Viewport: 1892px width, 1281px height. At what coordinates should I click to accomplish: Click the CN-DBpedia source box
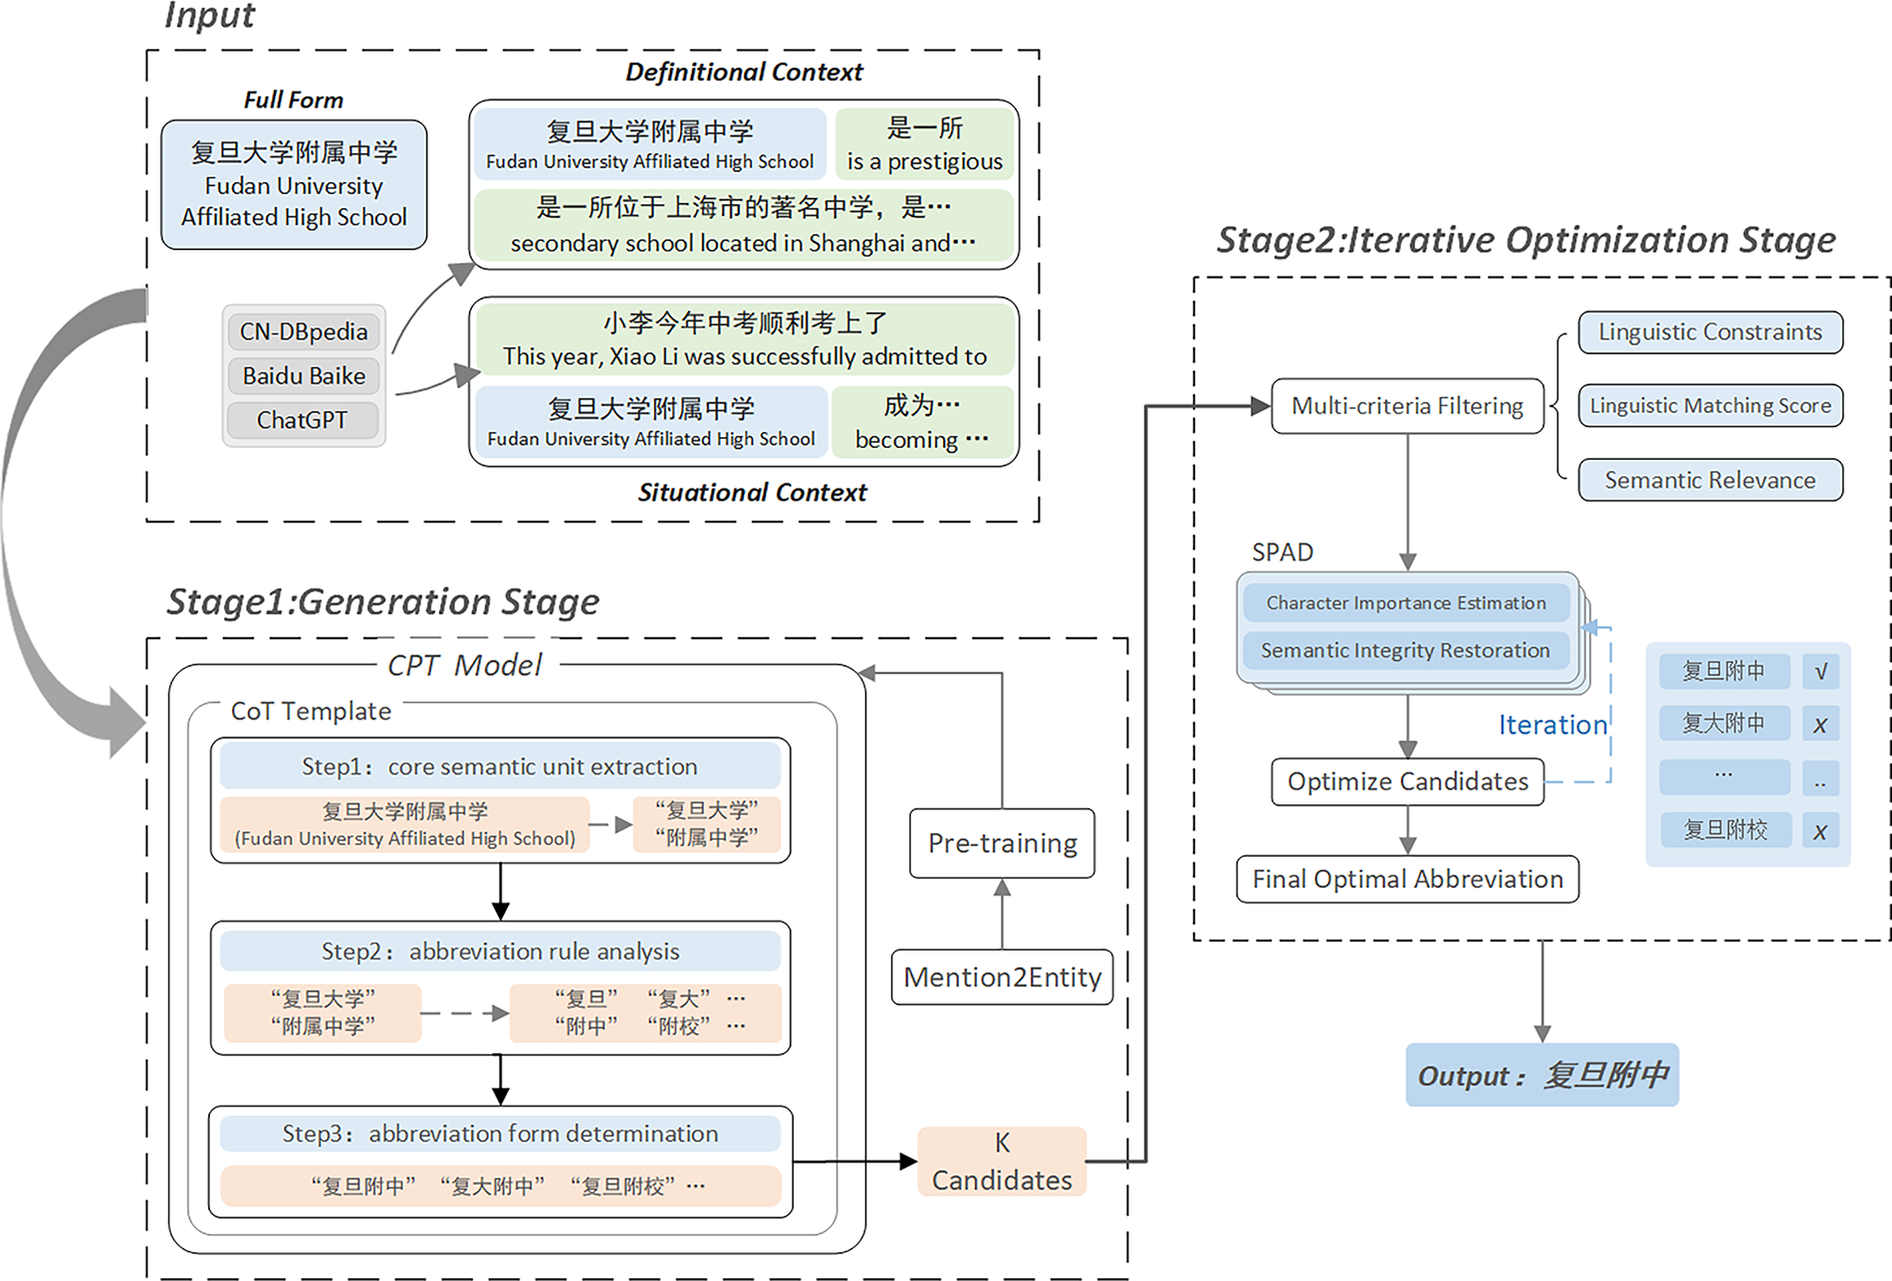pyautogui.click(x=304, y=331)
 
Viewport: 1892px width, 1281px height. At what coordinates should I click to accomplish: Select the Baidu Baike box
pyautogui.click(x=304, y=376)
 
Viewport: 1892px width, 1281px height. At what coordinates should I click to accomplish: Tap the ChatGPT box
pyautogui.click(x=303, y=420)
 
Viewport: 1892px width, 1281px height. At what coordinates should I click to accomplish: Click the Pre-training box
pyautogui.click(x=1002, y=843)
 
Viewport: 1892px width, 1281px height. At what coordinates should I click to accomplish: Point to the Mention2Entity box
pyautogui.click(x=1002, y=977)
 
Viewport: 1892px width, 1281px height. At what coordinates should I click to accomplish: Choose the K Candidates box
pyautogui.click(x=1002, y=1162)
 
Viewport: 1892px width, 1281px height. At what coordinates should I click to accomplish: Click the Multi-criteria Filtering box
pyautogui.click(x=1407, y=406)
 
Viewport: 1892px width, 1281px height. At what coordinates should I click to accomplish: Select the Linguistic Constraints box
pyautogui.click(x=1710, y=332)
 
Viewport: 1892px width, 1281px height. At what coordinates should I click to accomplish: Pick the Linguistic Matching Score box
pyautogui.click(x=1710, y=406)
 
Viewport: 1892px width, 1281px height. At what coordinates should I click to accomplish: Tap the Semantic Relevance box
pyautogui.click(x=1710, y=481)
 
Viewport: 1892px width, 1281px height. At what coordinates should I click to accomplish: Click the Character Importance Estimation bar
pyautogui.click(x=1406, y=603)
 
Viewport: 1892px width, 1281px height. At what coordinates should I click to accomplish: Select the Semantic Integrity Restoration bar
pyautogui.click(x=1406, y=651)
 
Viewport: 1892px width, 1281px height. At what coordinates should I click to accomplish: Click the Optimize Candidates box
pyautogui.click(x=1407, y=781)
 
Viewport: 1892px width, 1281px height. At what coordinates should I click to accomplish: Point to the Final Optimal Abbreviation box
pyautogui.click(x=1407, y=880)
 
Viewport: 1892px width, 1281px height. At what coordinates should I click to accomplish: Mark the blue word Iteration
pyautogui.click(x=1552, y=725)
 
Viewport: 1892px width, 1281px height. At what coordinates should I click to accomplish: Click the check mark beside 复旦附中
pyautogui.click(x=1820, y=672)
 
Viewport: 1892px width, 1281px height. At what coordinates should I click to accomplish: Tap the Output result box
pyautogui.click(x=1541, y=1075)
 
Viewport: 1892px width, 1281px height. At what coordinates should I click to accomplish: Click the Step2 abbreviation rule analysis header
pyautogui.click(x=500, y=952)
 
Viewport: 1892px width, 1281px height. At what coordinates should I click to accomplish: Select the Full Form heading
pyautogui.click(x=294, y=100)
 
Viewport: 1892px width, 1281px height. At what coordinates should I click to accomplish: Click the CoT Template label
pyautogui.click(x=311, y=711)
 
